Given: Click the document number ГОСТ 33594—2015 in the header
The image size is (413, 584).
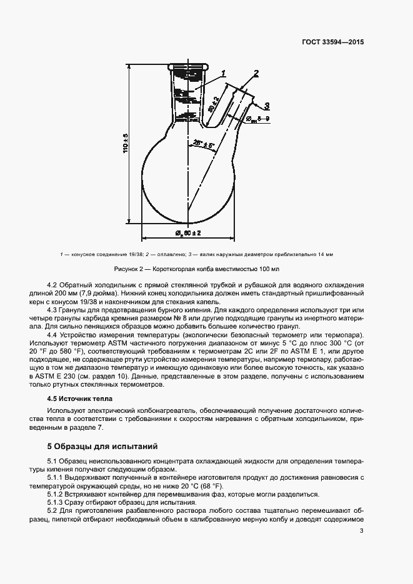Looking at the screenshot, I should pyautogui.click(x=331, y=42).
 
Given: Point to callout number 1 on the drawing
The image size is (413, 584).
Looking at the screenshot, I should pyautogui.click(x=223, y=74).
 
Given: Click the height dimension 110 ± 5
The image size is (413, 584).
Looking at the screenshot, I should pyautogui.click(x=125, y=144).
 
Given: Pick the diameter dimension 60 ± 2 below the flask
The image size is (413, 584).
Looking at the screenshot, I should pyautogui.click(x=187, y=234).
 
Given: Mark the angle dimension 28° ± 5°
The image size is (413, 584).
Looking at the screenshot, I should pyautogui.click(x=204, y=144).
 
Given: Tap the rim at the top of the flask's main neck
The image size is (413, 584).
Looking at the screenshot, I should pyautogui.click(x=187, y=66).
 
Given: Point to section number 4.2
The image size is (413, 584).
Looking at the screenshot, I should pyautogui.click(x=52, y=285).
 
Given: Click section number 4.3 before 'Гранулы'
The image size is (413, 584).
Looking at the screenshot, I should pyautogui.click(x=52, y=310).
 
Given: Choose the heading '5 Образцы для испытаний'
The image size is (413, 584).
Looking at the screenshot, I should pyautogui.click(x=102, y=447).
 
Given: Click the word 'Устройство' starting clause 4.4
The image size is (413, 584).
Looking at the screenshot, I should pyautogui.click(x=81, y=336).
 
